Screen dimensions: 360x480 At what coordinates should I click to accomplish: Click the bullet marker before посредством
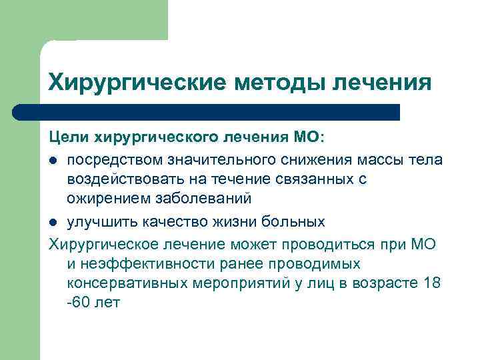click(x=53, y=161)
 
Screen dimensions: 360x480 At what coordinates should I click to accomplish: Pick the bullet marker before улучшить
click(x=53, y=222)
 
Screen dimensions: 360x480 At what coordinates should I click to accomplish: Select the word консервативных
click(x=125, y=283)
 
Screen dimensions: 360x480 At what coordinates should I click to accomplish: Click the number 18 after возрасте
click(x=431, y=283)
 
